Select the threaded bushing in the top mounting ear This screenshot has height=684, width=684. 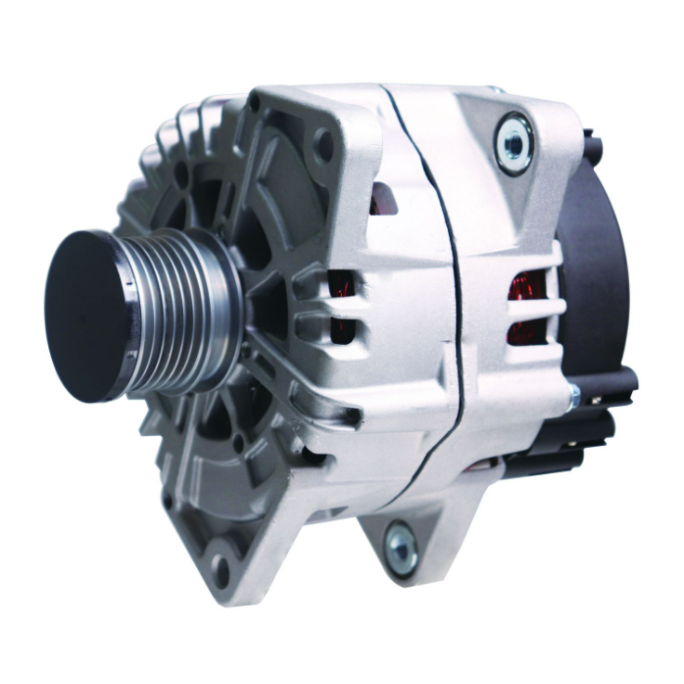(513, 141)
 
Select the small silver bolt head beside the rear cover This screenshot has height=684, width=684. (573, 397)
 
